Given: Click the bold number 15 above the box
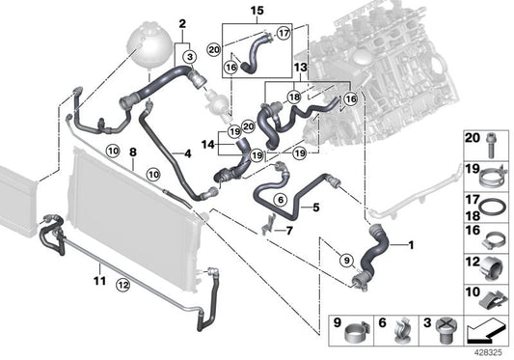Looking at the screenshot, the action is (x=257, y=11).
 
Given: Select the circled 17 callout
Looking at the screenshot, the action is (x=284, y=33).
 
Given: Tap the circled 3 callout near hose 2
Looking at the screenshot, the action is (x=190, y=57).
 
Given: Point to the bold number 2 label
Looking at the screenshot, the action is (x=182, y=23).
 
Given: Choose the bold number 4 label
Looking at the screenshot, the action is (x=187, y=153).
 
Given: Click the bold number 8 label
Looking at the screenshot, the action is (x=133, y=152).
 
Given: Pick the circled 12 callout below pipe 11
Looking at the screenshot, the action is (x=122, y=285).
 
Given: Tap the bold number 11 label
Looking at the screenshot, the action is (x=99, y=281).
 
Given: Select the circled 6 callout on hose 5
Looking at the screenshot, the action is (x=281, y=199).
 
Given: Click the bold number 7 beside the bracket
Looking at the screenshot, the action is (x=288, y=231).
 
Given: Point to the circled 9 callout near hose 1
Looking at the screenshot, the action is (x=346, y=261).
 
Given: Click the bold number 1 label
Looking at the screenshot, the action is (x=410, y=245).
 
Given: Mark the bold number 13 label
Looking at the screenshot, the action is (x=301, y=68).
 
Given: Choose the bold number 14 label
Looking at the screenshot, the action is (x=208, y=144).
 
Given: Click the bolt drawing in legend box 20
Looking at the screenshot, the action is (x=491, y=146).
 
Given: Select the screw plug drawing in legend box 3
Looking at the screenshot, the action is (x=445, y=330).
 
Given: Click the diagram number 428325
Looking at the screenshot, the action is (x=489, y=353).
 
